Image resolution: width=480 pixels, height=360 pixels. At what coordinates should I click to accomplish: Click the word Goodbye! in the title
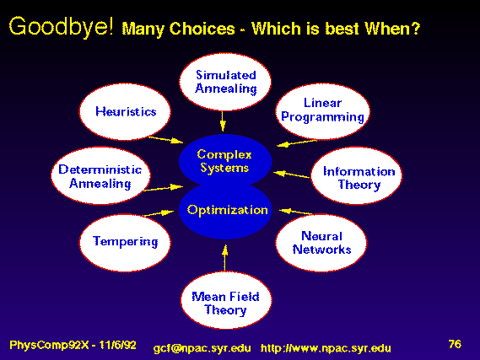[62, 27]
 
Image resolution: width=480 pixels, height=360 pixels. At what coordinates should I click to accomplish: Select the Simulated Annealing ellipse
[225, 82]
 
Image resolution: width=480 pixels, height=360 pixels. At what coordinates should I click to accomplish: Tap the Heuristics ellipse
[125, 111]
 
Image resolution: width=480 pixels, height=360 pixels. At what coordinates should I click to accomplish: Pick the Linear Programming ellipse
[322, 111]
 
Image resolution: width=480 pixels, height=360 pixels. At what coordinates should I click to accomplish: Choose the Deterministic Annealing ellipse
[100, 175]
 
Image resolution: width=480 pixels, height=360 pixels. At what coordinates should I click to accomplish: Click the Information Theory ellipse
[357, 175]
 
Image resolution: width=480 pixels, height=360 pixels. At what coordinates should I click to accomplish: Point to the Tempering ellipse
[125, 243]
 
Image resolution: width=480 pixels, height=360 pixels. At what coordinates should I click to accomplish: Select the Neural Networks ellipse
[321, 243]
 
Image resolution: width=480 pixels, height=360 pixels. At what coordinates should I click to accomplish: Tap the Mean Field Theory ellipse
[226, 300]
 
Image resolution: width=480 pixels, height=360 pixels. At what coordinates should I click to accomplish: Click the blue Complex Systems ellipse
[225, 160]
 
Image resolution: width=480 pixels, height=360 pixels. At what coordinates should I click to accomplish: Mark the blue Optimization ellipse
[225, 211]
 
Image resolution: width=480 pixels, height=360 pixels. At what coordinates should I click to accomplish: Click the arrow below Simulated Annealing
[223, 121]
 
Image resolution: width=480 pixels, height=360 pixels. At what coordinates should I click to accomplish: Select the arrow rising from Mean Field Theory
[225, 258]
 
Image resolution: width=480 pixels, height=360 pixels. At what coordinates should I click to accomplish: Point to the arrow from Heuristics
[165, 140]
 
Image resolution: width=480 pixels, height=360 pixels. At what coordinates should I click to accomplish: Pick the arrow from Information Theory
[291, 175]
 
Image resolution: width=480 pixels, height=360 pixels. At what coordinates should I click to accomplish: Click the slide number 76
[455, 344]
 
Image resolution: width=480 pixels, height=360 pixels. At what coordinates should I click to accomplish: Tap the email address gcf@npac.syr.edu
[202, 348]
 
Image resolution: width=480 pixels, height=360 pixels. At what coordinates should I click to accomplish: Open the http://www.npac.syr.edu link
[326, 348]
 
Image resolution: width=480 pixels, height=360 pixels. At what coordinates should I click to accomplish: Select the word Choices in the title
[202, 29]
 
